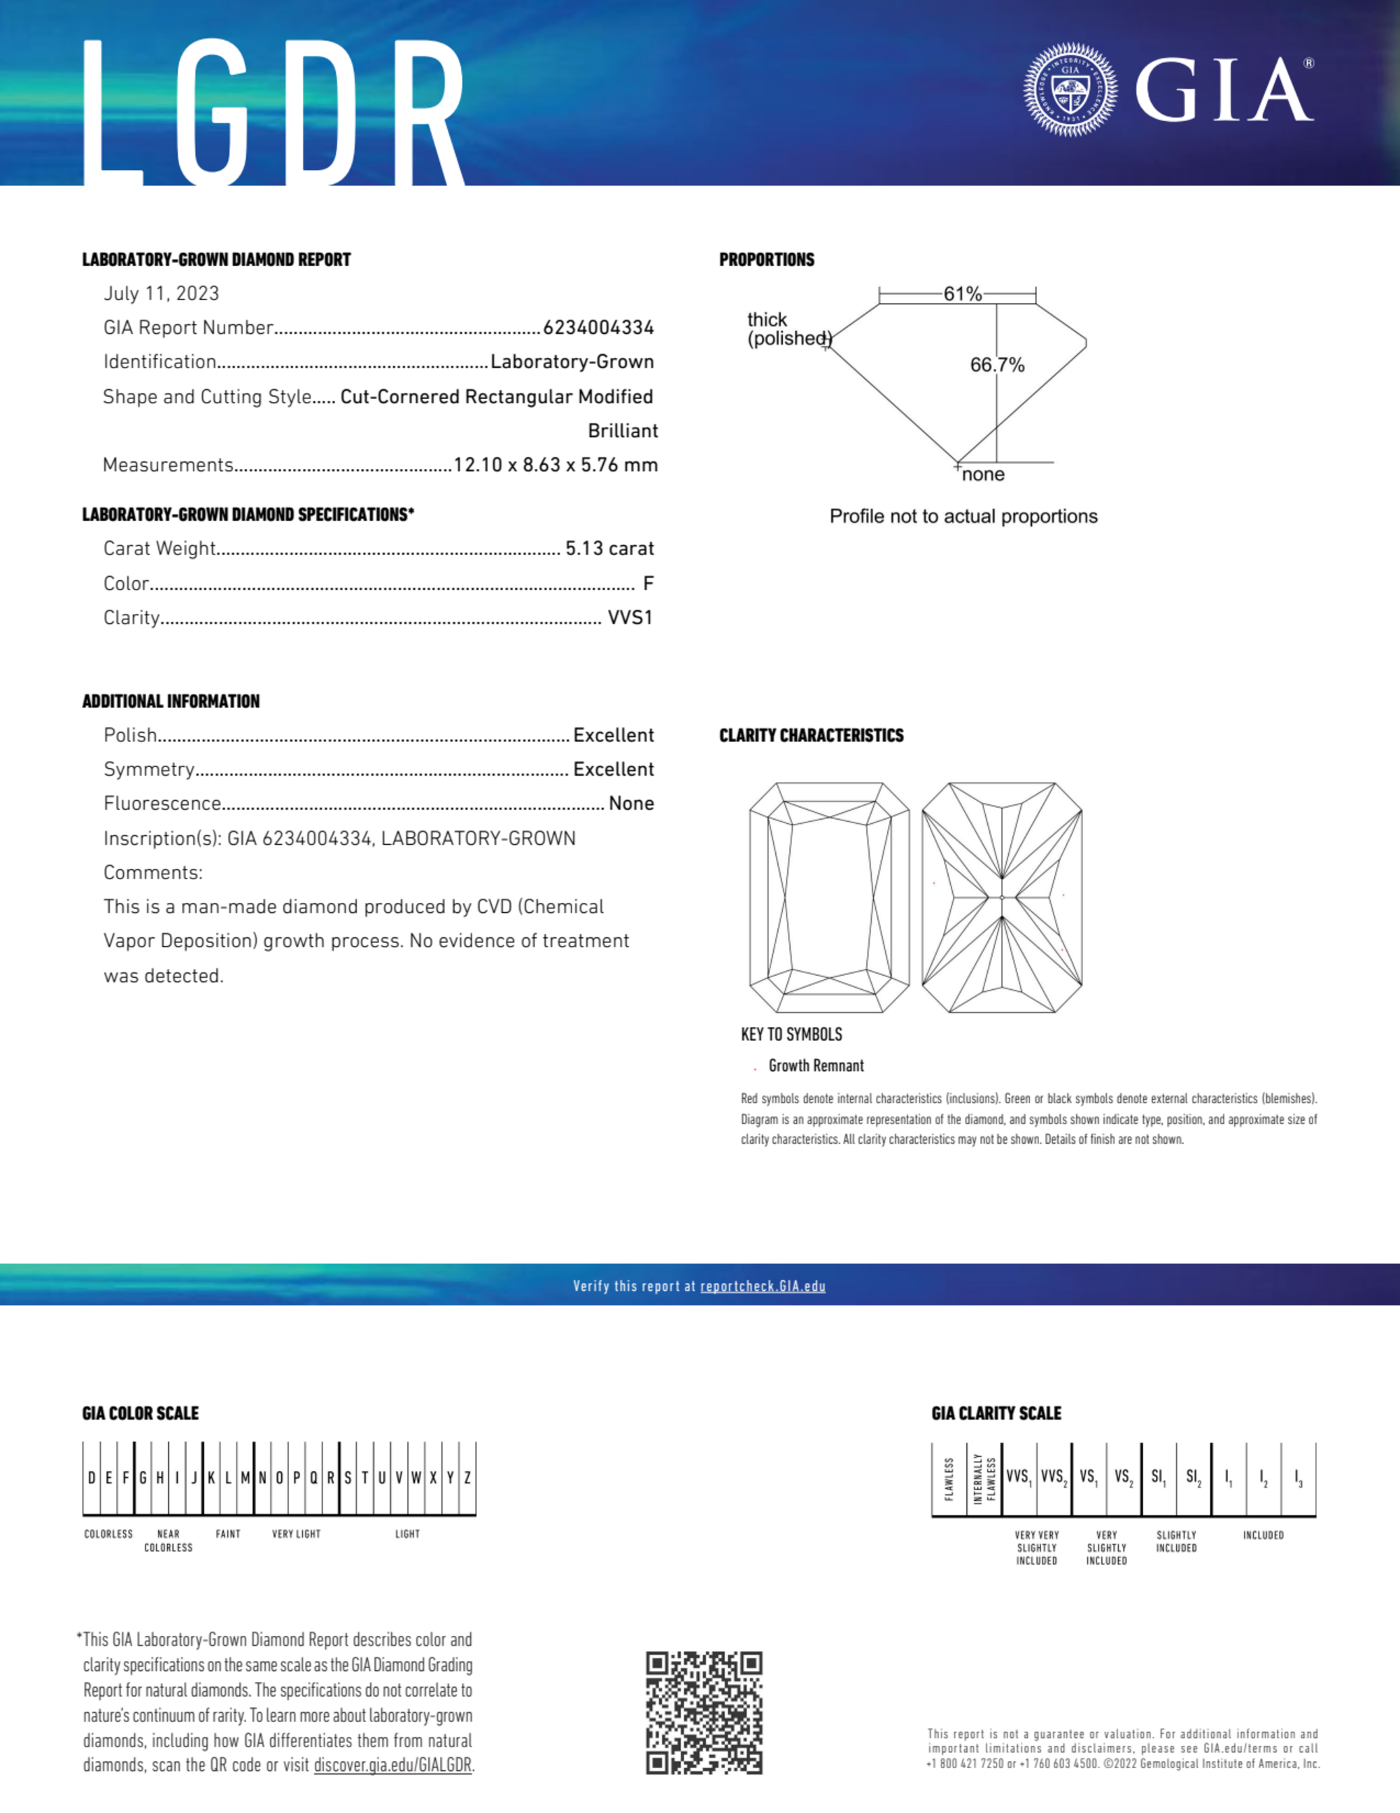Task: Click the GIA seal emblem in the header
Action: (x=1070, y=90)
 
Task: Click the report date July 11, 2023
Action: (x=161, y=294)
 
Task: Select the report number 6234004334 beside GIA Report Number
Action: (x=598, y=328)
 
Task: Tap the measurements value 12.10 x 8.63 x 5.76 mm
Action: (x=556, y=465)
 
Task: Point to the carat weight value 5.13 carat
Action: (x=609, y=549)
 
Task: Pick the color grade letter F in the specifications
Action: (x=648, y=584)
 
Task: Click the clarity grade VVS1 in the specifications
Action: (x=630, y=617)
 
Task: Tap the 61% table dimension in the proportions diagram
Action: (x=962, y=294)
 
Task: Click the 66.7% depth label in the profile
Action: (x=997, y=365)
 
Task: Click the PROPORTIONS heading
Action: (x=766, y=260)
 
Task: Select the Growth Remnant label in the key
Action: (x=816, y=1066)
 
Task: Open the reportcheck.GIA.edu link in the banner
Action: (x=763, y=1286)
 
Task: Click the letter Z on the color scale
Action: (x=467, y=1478)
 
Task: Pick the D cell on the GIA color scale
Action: (x=91, y=1478)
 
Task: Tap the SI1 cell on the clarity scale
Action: (x=1159, y=1478)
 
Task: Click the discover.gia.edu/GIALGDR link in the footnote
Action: (x=393, y=1765)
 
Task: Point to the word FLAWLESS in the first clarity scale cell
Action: (x=949, y=1479)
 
